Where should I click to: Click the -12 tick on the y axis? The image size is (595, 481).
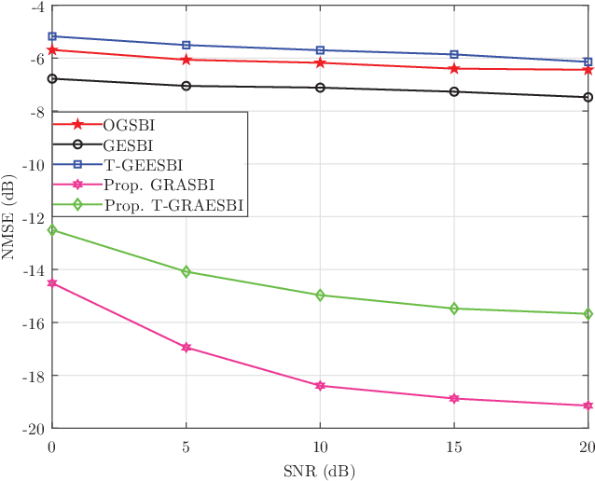click(32, 217)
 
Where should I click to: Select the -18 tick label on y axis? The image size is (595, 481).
click(32, 376)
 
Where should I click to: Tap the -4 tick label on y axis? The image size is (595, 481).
click(35, 7)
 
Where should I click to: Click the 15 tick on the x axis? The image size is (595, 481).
click(454, 447)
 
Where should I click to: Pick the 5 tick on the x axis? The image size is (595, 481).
click(187, 447)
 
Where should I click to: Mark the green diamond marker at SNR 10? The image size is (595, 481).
click(320, 295)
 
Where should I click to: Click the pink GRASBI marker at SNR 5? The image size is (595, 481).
click(187, 348)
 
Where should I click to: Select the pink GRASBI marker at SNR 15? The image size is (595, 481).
click(454, 399)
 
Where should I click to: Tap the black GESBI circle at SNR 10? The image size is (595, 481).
click(320, 88)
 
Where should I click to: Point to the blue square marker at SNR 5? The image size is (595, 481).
click(187, 45)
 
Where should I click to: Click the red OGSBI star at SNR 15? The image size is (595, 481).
click(454, 68)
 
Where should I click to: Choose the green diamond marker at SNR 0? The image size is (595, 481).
click(52, 230)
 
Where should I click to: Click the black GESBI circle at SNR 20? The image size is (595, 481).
click(588, 97)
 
